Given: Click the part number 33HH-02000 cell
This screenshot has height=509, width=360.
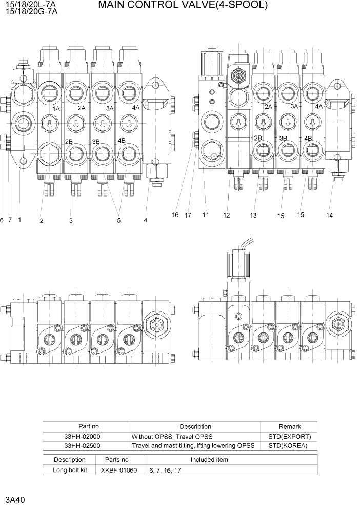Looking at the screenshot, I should click(x=85, y=436).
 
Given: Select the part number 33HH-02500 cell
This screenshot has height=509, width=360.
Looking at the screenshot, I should click(x=85, y=445).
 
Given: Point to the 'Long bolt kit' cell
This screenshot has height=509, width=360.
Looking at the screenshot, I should click(x=70, y=469).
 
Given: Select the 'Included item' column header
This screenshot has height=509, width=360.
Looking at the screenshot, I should click(x=209, y=460).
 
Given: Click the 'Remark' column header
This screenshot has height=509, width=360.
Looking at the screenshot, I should click(x=289, y=426).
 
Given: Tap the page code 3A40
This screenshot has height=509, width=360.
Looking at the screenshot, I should click(x=15, y=499).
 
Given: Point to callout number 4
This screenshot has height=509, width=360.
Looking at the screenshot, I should click(x=145, y=220).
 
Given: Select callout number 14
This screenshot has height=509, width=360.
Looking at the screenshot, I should click(x=329, y=216).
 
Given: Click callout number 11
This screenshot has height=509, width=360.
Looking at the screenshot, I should click(x=206, y=215).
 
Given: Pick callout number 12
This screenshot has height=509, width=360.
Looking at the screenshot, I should click(x=226, y=216).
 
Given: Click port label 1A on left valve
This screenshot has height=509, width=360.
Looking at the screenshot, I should click(x=56, y=109).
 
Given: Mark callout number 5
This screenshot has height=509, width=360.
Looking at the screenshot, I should click(x=118, y=221).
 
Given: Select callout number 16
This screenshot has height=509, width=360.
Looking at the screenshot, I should click(x=175, y=215).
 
